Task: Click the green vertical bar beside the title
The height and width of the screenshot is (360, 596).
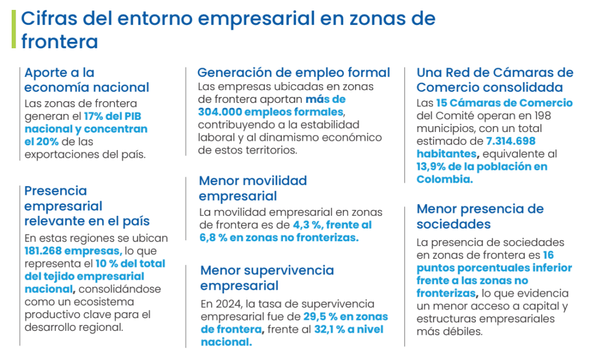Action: point(13,29)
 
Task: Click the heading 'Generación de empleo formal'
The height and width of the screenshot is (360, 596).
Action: point(293,73)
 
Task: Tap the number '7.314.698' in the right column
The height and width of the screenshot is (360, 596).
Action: point(510,141)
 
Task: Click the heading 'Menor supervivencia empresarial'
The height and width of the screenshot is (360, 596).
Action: point(267,277)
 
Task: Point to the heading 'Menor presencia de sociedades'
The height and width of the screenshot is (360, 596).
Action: point(480,216)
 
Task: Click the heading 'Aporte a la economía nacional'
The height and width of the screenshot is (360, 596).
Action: point(87,80)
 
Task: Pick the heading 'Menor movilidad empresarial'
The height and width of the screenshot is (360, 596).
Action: point(253,188)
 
